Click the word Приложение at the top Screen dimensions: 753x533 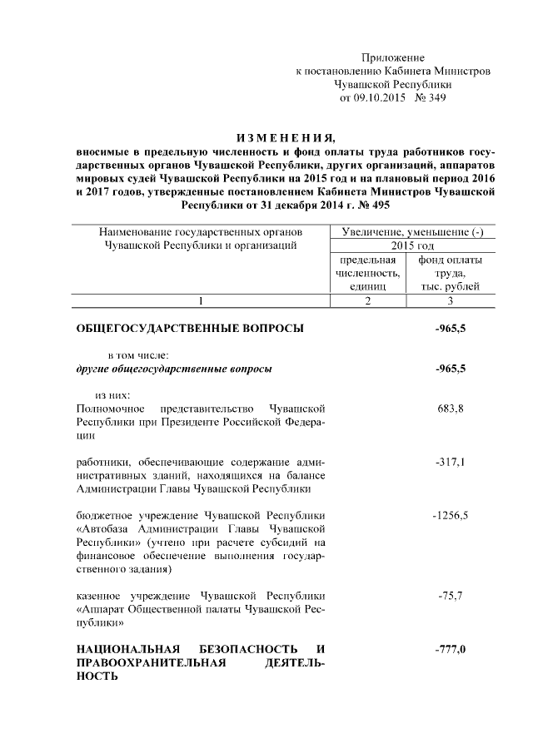tap(392, 57)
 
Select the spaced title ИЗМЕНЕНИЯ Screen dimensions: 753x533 tap(285, 137)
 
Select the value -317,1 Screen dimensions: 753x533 tap(450, 461)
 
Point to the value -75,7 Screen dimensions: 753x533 tap(450, 596)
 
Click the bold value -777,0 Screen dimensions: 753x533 tap(450, 649)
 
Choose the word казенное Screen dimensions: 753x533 tap(102, 596)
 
